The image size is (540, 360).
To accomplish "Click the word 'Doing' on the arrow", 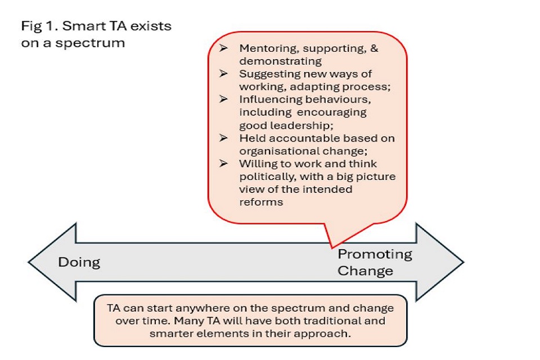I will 79,262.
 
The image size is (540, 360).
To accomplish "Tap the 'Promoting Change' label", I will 374,262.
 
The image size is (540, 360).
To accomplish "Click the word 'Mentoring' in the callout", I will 264,48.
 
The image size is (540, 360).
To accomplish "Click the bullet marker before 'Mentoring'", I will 224,48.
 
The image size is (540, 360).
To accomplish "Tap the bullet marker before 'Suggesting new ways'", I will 224,74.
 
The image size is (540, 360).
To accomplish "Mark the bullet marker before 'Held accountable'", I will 224,138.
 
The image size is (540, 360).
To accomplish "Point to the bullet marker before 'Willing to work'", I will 224,164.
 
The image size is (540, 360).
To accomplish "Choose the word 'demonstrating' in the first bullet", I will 280,61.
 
